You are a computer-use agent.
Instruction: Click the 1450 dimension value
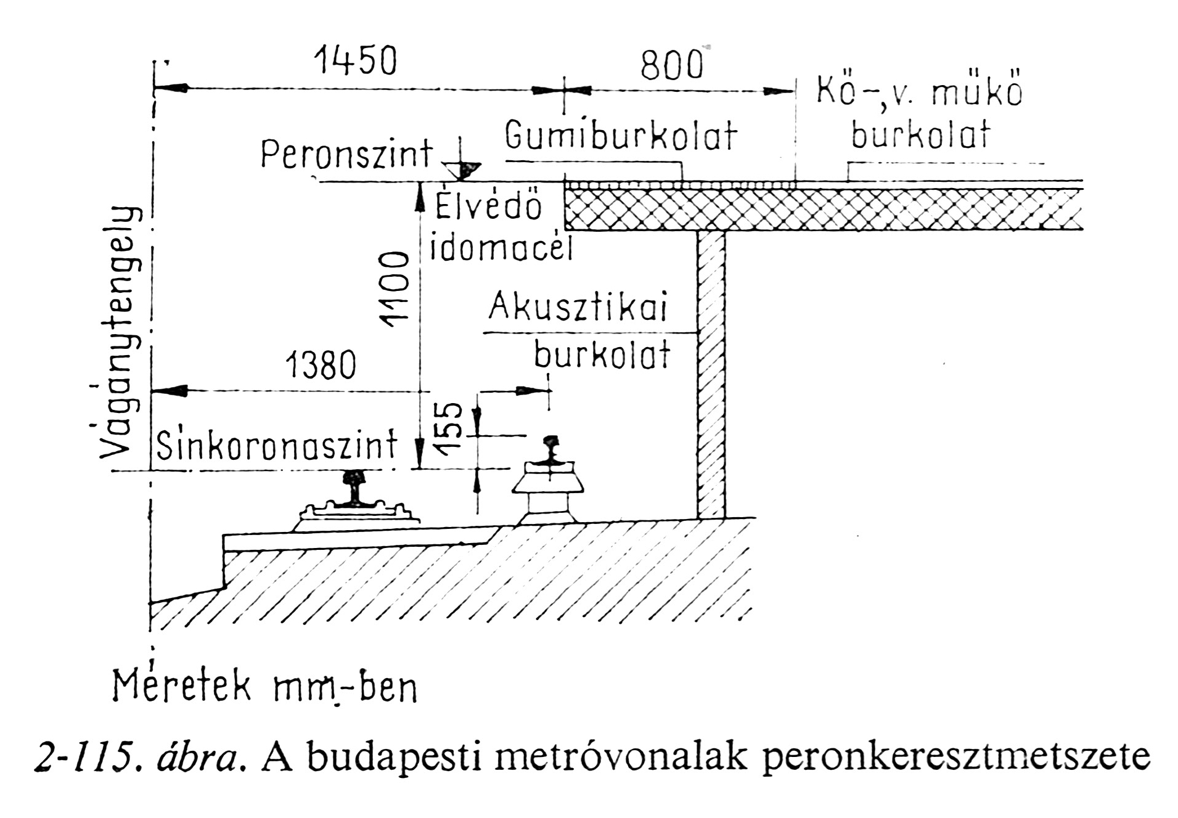tap(356, 61)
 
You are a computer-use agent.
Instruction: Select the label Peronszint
tap(346, 154)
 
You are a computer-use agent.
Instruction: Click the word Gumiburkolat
tap(621, 136)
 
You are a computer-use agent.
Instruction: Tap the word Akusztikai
tap(578, 307)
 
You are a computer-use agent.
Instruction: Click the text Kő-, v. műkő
tap(919, 92)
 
